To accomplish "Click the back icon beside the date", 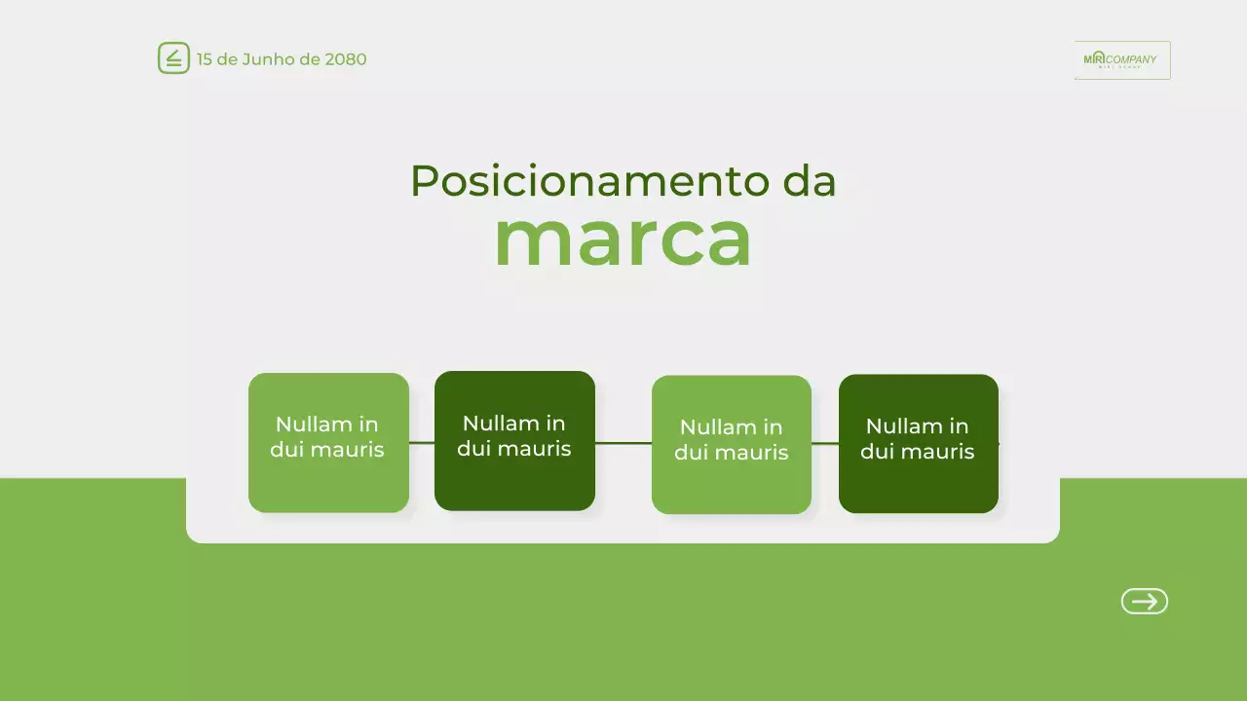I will coord(173,58).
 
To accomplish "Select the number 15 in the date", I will coord(205,59).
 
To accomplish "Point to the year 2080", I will coord(346,59).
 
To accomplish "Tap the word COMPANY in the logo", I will coord(1132,58).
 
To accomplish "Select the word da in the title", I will coord(809,181).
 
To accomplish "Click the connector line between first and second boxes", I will coord(422,442).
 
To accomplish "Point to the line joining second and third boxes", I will coord(623,443).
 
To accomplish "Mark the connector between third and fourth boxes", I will coord(825,443).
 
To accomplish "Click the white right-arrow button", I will coord(1144,602).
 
